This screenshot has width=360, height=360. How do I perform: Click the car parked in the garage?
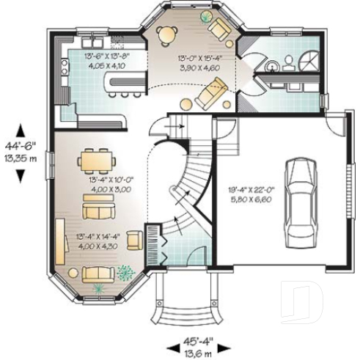[300, 193]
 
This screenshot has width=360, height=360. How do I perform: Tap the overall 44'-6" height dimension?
[18, 151]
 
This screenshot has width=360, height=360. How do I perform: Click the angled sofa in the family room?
[213, 93]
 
